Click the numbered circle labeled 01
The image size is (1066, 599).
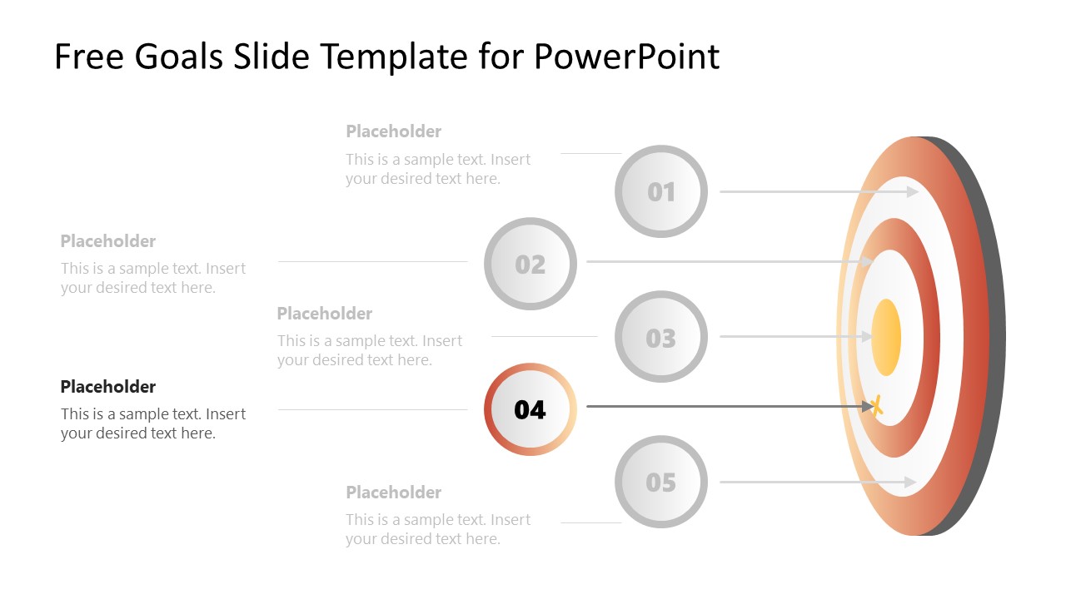[x=661, y=191]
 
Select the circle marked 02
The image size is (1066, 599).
[x=530, y=264]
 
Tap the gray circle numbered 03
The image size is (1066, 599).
[x=661, y=337]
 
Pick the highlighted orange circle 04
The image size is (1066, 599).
[x=530, y=409]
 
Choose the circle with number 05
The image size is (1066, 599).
[x=661, y=482]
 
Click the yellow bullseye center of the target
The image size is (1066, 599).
[x=886, y=337]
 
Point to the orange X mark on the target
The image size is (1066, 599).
[x=875, y=406]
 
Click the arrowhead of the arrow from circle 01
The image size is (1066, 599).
[x=914, y=191]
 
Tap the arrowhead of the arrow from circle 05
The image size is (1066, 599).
[x=911, y=482]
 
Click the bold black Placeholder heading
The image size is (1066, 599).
[x=108, y=387]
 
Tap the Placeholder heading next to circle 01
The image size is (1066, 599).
[x=394, y=131]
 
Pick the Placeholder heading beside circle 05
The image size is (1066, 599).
[x=394, y=493]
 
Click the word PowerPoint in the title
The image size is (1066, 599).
[x=626, y=57]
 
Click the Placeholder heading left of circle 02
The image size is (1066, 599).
[x=108, y=241]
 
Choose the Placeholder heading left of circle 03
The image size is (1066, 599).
[x=325, y=314]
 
